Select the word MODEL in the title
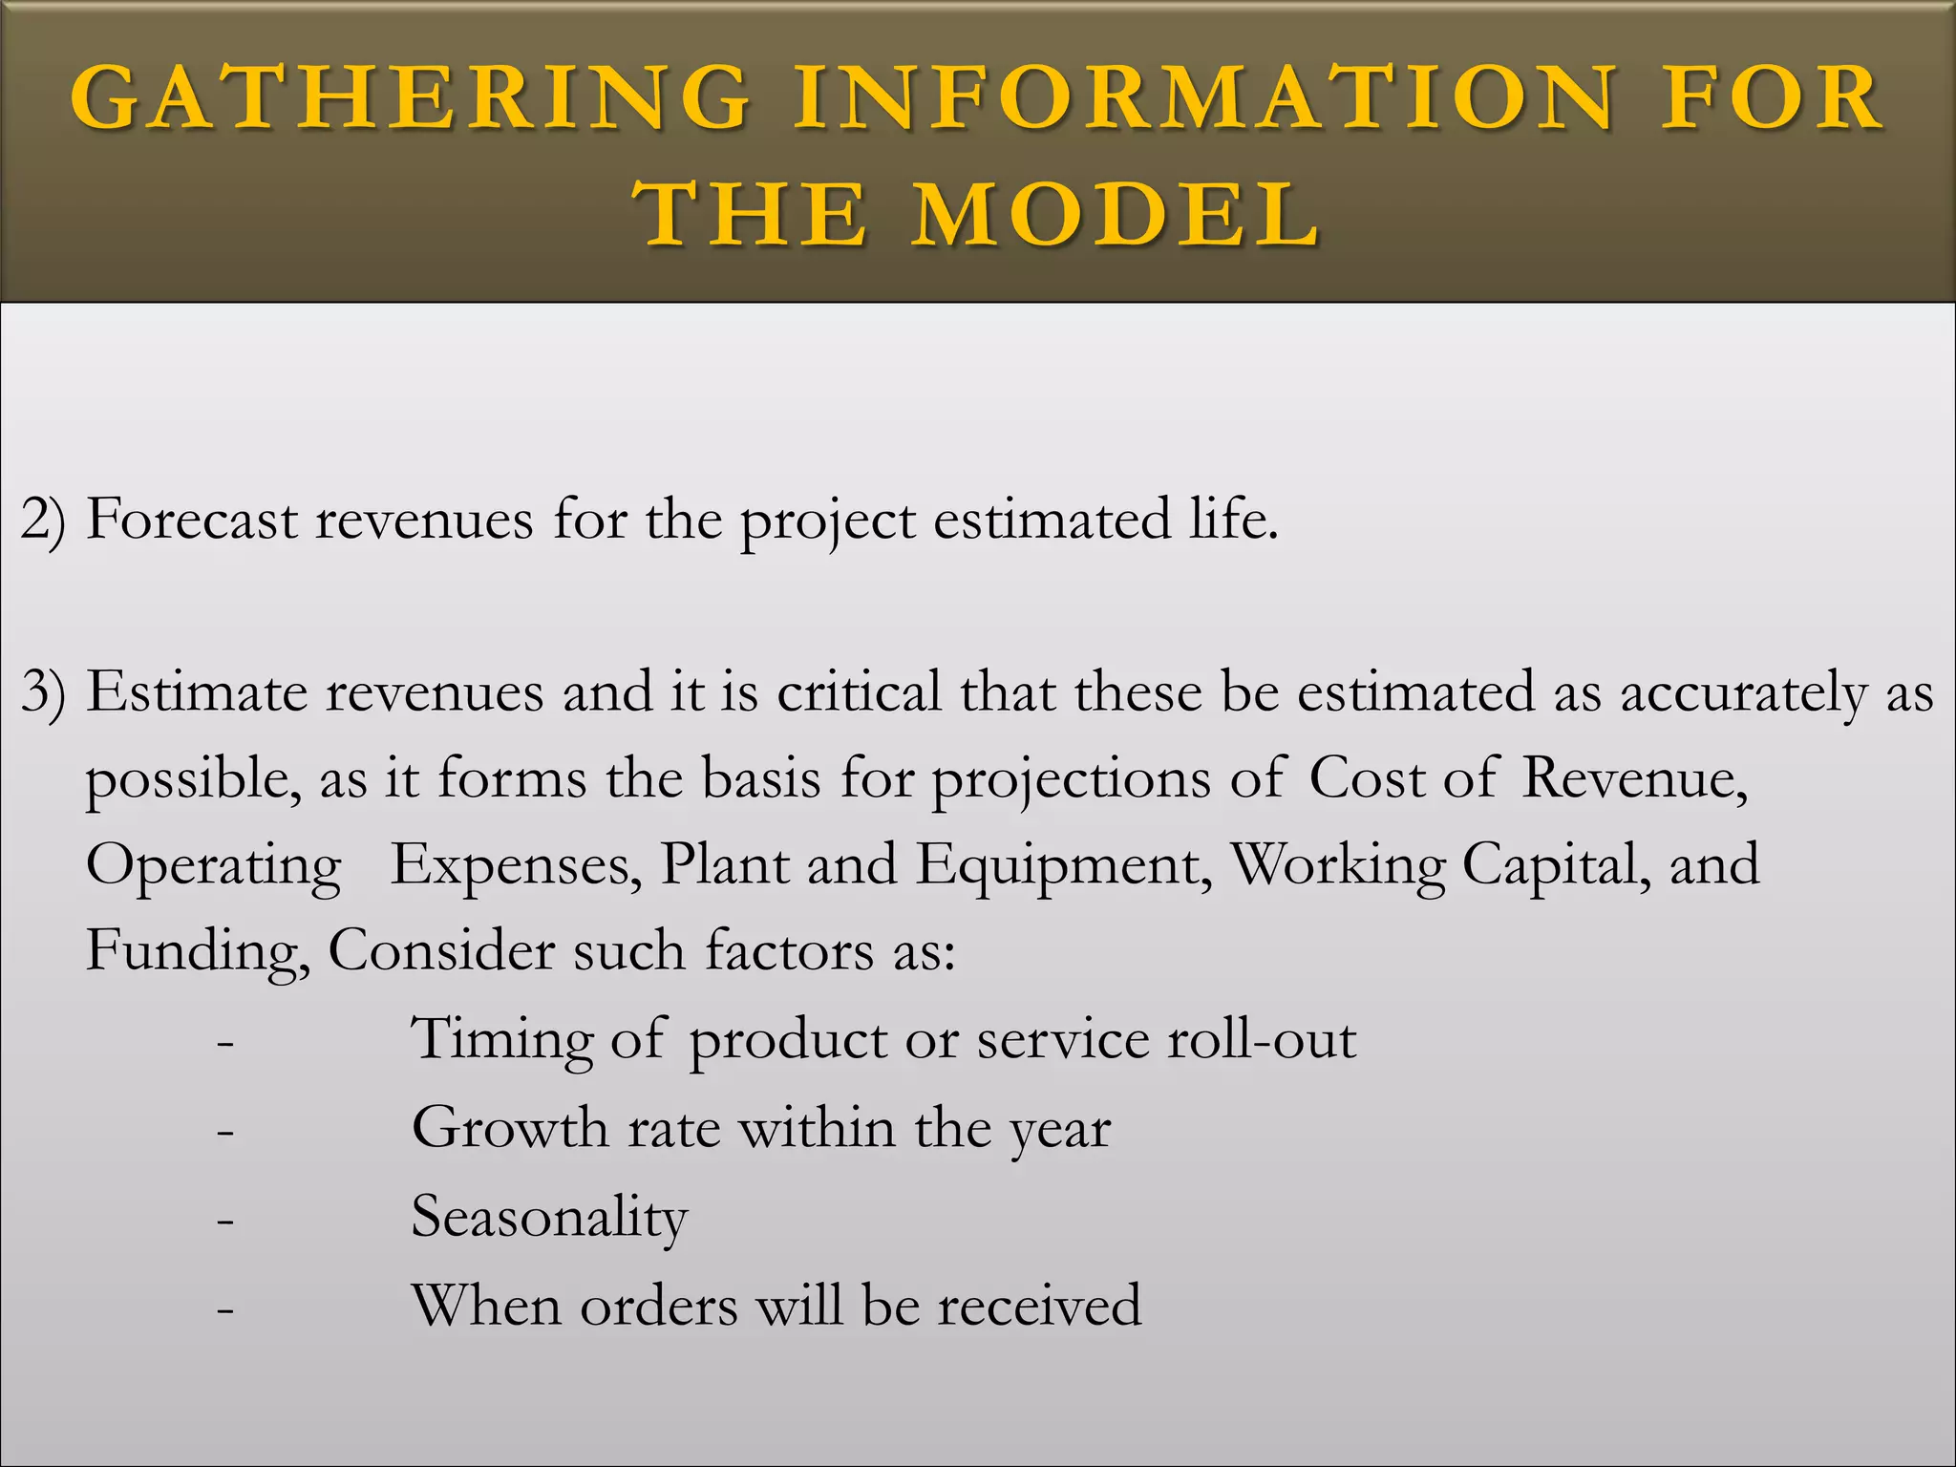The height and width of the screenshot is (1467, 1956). coord(1116,214)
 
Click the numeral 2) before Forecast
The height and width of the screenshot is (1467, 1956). coord(44,521)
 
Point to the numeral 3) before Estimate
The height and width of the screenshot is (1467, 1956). coord(44,692)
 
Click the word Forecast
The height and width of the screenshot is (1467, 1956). coord(192,521)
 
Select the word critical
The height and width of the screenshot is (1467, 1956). coord(860,692)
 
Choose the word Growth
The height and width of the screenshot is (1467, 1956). coord(510,1128)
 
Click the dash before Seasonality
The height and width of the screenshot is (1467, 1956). coord(225,1222)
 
